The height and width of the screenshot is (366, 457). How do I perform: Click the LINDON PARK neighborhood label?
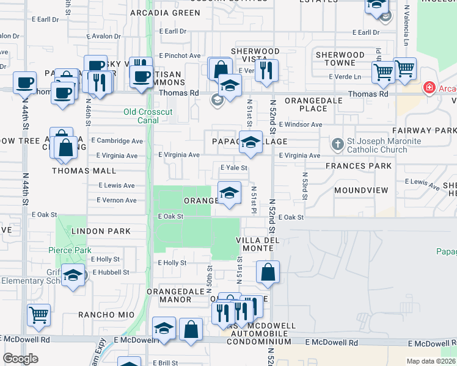click(x=101, y=231)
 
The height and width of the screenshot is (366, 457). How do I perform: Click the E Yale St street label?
click(x=233, y=168)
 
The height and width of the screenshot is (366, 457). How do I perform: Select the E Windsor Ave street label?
click(x=301, y=124)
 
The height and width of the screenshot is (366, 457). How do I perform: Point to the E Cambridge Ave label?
click(x=117, y=140)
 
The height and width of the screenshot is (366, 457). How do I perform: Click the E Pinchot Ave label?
click(x=180, y=56)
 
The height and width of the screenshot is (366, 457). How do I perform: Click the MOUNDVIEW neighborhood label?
click(x=361, y=190)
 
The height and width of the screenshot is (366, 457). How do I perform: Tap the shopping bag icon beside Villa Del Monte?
click(x=268, y=272)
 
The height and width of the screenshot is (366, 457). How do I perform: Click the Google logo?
click(x=20, y=359)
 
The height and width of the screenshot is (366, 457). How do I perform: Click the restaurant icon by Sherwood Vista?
click(x=265, y=70)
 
